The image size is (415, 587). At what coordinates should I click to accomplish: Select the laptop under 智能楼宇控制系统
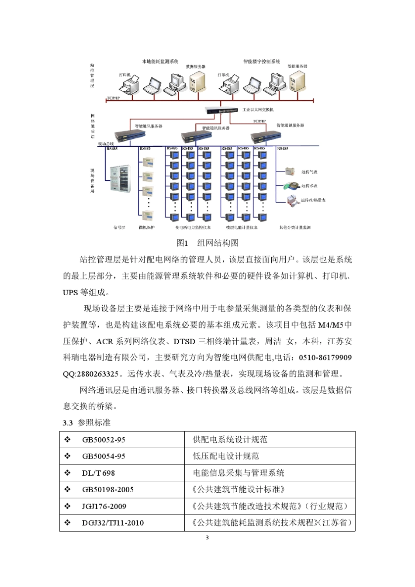tap(252, 86)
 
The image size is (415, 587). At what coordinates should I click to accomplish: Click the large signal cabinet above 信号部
tap(120, 179)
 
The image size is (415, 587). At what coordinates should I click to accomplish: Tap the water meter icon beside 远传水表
tap(290, 186)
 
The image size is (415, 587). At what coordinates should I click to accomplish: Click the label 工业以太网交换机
tap(258, 110)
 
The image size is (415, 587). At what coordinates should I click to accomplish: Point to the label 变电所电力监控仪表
tap(193, 228)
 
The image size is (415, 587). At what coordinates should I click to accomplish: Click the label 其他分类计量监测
tap(295, 228)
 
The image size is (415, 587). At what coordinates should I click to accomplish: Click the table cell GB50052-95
tap(104, 440)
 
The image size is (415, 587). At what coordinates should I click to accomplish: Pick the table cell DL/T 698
tap(98, 473)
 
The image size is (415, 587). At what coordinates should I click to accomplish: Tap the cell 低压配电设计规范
tap(226, 456)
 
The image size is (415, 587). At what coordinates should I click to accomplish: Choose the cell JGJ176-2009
tap(104, 507)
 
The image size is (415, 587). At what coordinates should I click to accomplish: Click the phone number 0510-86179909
tap(325, 358)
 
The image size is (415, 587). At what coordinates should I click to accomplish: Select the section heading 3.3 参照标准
tap(86, 423)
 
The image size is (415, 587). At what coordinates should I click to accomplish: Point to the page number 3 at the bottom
tap(207, 538)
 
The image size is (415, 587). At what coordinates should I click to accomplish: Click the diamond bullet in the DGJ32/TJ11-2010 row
tap(68, 523)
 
